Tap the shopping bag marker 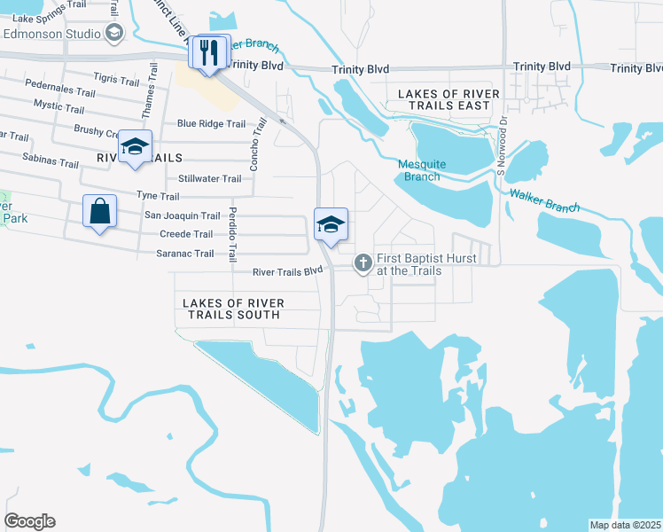[x=99, y=212]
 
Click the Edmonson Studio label [x=53, y=34]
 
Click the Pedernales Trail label [x=60, y=92]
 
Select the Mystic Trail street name [x=58, y=108]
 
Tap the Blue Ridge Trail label [x=211, y=124]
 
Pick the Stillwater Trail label [x=209, y=178]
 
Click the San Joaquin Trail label [x=182, y=215]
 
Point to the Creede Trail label [x=185, y=234]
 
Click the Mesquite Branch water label [x=419, y=170]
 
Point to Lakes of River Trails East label [x=443, y=99]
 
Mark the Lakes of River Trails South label [x=233, y=309]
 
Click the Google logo [x=29, y=521]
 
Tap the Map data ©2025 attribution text [x=625, y=525]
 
